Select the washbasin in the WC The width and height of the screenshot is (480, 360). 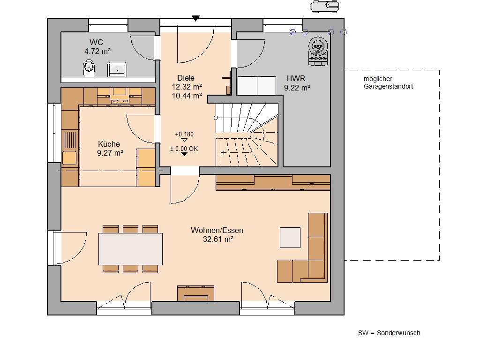coord(116,69)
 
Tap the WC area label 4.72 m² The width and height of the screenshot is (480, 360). coord(97,51)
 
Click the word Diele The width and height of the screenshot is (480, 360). coord(186,78)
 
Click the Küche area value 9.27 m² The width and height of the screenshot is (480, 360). coord(110,153)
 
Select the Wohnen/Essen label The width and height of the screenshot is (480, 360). coord(217,230)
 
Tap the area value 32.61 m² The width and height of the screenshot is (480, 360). coord(217,239)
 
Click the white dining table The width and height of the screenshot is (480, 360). coord(130,249)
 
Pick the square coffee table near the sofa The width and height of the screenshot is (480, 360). coord(290,237)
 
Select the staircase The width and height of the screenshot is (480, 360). coord(246,136)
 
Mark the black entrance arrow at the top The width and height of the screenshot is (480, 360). coord(196,18)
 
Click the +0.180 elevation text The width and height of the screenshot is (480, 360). coord(184,134)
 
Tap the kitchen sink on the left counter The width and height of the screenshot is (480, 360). coord(69,158)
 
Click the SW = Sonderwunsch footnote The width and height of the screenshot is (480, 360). coord(389,333)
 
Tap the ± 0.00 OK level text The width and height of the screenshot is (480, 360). coord(184,149)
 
